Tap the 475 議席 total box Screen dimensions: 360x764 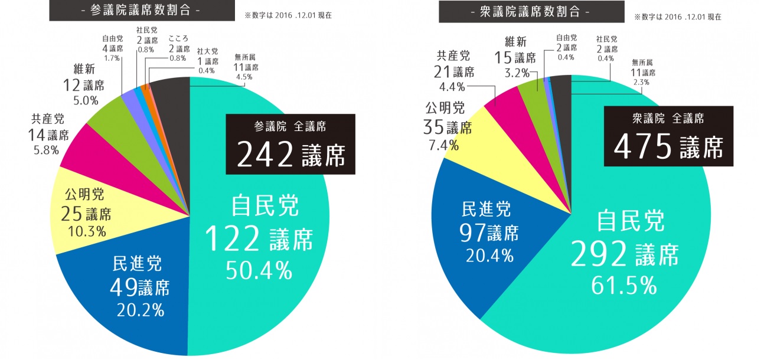(668, 136)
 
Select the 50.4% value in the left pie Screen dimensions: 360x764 (259, 270)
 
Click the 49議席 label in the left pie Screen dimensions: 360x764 (140, 288)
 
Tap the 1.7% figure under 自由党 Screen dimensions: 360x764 (112, 58)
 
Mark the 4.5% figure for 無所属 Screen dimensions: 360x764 (244, 76)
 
